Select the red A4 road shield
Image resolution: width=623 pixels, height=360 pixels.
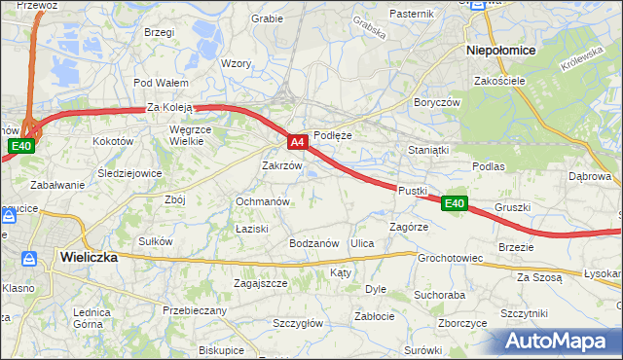point(299,142)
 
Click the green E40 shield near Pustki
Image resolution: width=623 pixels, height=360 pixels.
point(454,203)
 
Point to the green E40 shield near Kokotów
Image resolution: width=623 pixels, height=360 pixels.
point(21,147)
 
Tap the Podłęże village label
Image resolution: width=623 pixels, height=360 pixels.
point(333,136)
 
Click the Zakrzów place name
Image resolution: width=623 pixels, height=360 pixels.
point(282,166)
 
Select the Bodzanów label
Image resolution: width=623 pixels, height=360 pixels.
point(313,243)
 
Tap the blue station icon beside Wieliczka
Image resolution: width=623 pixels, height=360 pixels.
point(30,258)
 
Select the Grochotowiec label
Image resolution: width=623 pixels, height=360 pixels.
point(451,259)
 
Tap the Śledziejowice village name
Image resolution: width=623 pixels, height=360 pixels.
point(129,173)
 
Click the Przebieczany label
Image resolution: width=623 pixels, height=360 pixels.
point(195,310)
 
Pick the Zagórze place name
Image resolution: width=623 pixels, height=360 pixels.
point(409,227)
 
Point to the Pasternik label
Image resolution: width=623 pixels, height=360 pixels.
point(411,14)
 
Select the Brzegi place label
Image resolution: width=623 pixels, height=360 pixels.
point(158,32)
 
